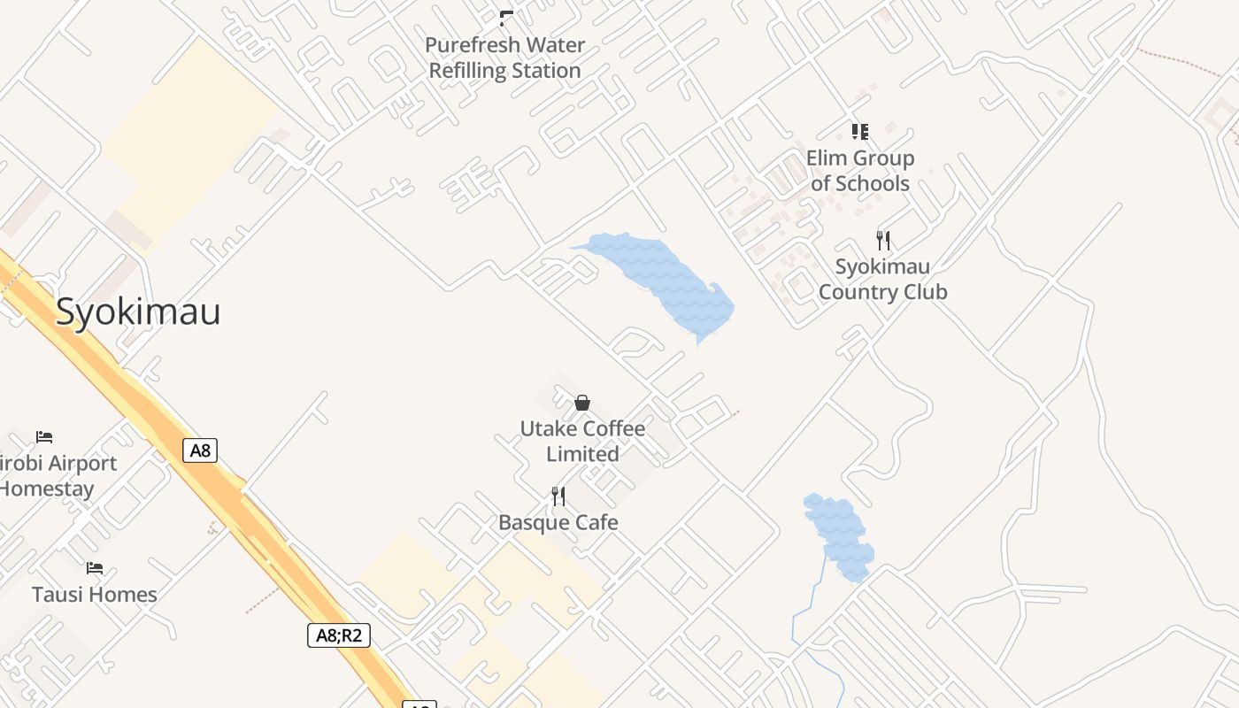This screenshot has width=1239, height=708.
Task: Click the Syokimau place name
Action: click(x=138, y=312)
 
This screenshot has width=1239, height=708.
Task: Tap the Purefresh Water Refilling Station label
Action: click(x=504, y=58)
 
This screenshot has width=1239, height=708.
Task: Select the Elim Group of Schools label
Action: click(x=860, y=171)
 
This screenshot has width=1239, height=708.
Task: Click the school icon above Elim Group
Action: click(x=859, y=132)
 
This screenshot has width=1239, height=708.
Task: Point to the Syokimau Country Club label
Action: click(x=882, y=279)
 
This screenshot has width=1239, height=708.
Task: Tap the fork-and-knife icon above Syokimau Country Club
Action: click(x=882, y=240)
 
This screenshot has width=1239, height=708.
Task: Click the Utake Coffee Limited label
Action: click(x=582, y=441)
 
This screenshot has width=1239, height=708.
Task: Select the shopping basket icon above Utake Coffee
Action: click(x=582, y=403)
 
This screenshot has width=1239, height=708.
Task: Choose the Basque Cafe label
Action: click(x=558, y=522)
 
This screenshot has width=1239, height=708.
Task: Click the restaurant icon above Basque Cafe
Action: click(x=558, y=496)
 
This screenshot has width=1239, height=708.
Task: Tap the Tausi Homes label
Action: click(x=95, y=594)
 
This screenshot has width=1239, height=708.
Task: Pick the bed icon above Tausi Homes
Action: click(x=95, y=567)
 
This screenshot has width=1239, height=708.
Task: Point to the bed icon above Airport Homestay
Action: click(x=44, y=436)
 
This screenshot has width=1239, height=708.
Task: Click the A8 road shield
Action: click(x=201, y=450)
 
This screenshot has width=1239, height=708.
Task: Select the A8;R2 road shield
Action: click(x=339, y=635)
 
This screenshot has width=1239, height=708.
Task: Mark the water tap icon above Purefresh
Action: click(x=506, y=18)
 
